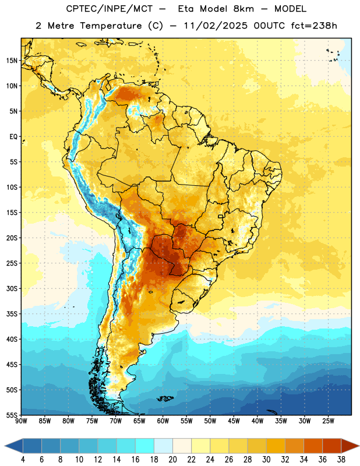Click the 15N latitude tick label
pos(12,61)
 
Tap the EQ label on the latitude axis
pos(13,137)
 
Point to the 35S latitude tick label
pos(12,314)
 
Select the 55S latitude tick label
pos(12,415)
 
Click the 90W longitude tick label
pos(21,421)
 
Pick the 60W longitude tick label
pos(163,421)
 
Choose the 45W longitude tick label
pos(234,421)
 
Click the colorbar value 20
pos(172,460)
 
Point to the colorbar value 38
pos(341,460)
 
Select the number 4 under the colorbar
pos(23,460)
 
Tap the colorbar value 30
pos(266,460)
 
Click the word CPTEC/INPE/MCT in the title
pos(110,9)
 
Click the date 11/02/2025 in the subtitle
pos(216,26)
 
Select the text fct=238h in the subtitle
pos(314,26)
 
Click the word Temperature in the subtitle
pos(111,26)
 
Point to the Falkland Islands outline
pos(165,398)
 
